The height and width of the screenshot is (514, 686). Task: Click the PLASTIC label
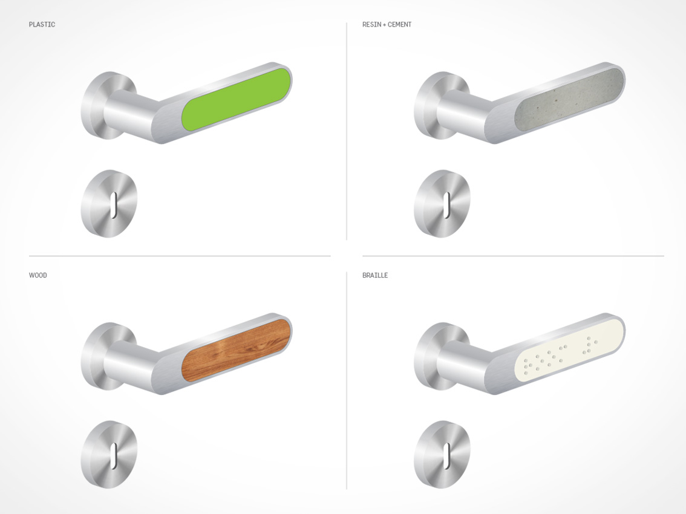[42, 25]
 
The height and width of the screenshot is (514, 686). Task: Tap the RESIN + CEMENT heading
[387, 25]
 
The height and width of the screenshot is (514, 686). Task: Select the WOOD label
[38, 275]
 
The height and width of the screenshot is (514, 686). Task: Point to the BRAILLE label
[375, 275]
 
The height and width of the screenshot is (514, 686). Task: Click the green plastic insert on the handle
[237, 99]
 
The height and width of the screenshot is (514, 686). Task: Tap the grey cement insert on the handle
[569, 99]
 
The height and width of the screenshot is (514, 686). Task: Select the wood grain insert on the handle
[237, 350]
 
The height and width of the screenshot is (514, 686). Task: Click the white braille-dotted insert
[569, 350]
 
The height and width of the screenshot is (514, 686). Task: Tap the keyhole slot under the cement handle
[447, 205]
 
